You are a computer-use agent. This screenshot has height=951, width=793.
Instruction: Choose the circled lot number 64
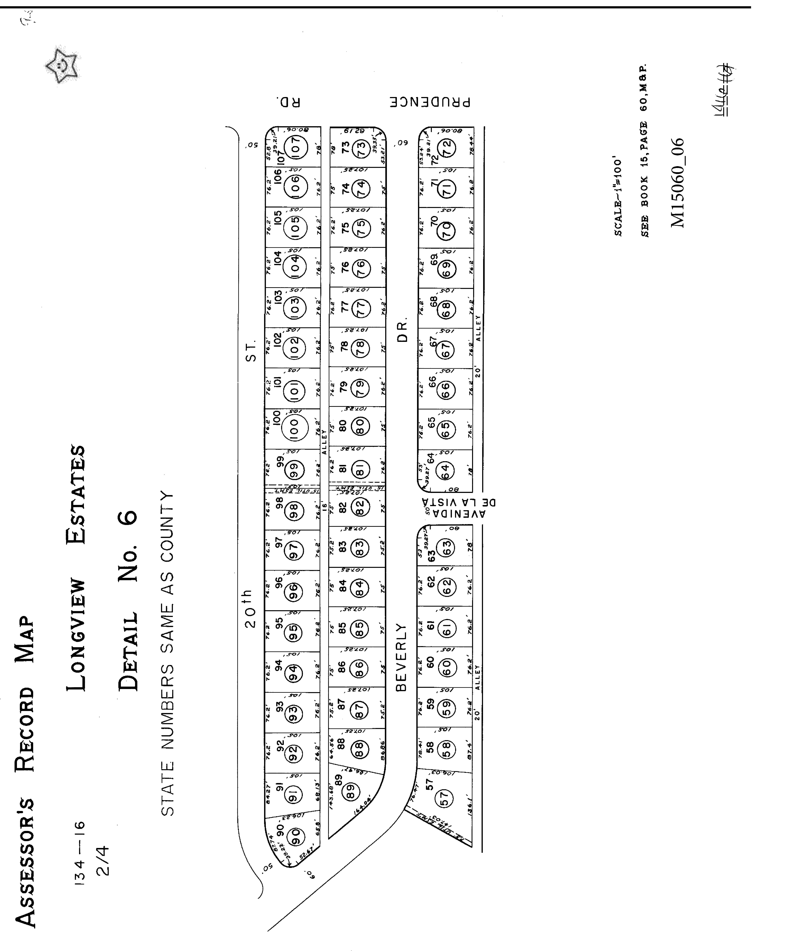click(x=445, y=471)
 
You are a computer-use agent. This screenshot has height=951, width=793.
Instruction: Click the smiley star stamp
click(x=62, y=66)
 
